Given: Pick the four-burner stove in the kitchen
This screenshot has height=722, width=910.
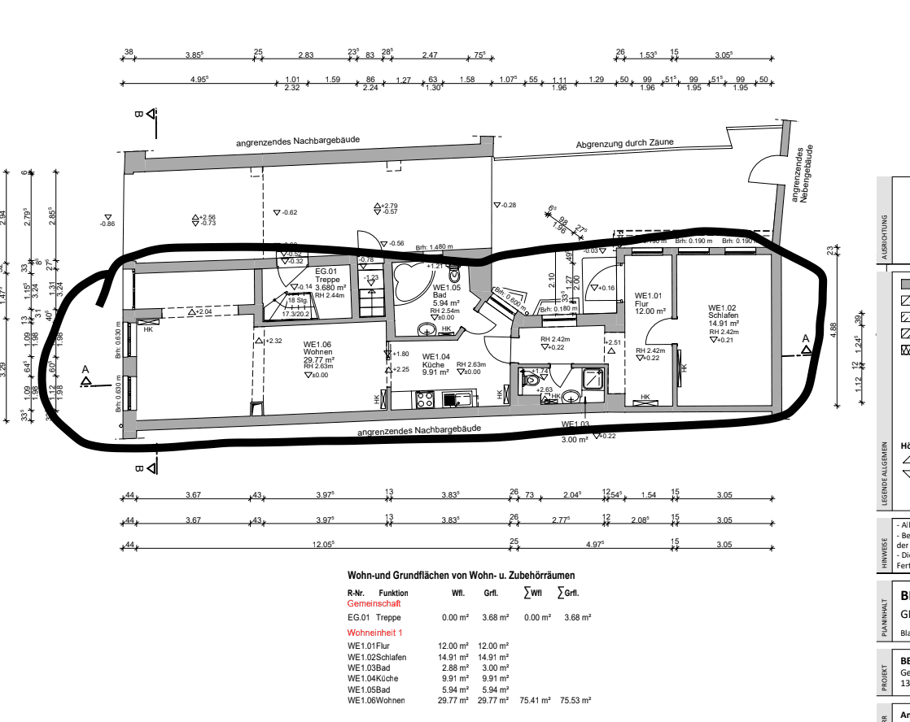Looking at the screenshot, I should pyautogui.click(x=425, y=399).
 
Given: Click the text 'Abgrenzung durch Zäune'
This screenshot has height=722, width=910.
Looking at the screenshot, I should pyautogui.click(x=624, y=144).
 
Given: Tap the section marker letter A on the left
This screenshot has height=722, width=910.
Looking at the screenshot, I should pyautogui.click(x=85, y=371).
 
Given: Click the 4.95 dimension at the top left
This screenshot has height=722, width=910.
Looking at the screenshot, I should pyautogui.click(x=199, y=79).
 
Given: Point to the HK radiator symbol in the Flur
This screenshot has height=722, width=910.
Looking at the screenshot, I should pyautogui.click(x=645, y=398).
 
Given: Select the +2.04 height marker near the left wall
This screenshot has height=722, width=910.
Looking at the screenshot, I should pyautogui.click(x=202, y=312).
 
